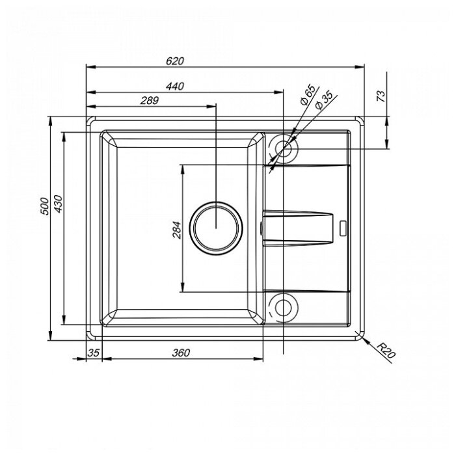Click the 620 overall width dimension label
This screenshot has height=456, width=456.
(175, 61)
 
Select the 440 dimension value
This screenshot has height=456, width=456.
(175, 87)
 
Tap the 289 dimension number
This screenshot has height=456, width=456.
(150, 100)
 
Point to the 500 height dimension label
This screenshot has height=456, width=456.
(45, 206)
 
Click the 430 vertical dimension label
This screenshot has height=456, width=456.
(59, 204)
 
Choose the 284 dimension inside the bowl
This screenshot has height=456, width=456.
(177, 230)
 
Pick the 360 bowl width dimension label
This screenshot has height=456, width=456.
(181, 353)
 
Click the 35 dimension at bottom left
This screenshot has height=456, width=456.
(94, 353)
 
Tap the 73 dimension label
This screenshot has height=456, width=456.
(381, 96)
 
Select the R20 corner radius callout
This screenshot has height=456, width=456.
(386, 350)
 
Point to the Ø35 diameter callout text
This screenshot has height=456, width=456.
(323, 100)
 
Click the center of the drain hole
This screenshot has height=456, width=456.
(216, 228)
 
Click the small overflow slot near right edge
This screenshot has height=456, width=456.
(343, 228)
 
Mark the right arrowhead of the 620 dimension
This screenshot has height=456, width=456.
(360, 67)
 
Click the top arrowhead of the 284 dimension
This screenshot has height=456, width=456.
(183, 169)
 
